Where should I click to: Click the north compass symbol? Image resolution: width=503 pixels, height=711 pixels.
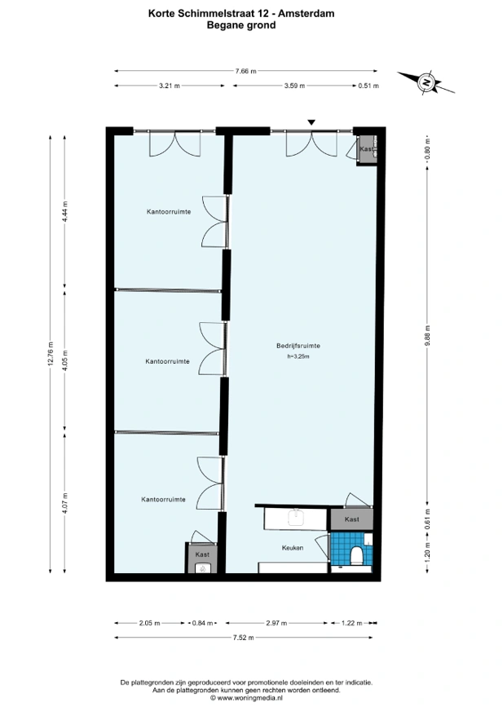(426, 82)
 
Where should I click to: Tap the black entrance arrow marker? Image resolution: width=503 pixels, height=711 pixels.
(311, 122)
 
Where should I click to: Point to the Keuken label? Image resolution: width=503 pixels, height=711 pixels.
(293, 548)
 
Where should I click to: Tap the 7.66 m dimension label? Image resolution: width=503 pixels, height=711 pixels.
(245, 71)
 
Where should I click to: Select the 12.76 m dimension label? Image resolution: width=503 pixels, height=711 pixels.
(51, 353)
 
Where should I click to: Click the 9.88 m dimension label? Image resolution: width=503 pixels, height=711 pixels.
(426, 335)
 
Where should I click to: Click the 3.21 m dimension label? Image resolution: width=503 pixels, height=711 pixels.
(169, 86)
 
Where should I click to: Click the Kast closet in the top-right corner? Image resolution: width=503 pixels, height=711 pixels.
(366, 150)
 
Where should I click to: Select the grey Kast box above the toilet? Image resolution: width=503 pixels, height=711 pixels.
(351, 519)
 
